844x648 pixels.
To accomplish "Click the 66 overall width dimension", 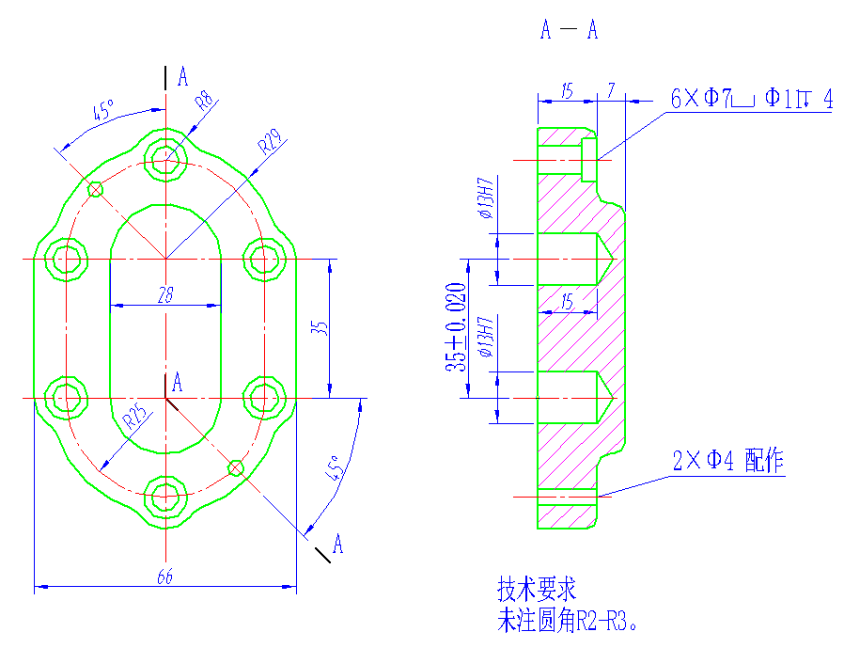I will tap(164, 577).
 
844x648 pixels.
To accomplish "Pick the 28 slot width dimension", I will tap(165, 295).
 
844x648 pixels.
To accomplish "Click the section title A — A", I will tap(569, 30).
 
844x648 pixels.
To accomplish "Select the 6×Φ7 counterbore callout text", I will tap(751, 98).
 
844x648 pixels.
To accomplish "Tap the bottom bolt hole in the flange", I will tap(166, 497).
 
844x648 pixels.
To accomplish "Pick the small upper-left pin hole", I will tap(95, 189).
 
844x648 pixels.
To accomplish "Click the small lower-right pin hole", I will tap(236, 467).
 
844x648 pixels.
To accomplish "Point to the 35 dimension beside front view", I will tap(320, 328).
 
